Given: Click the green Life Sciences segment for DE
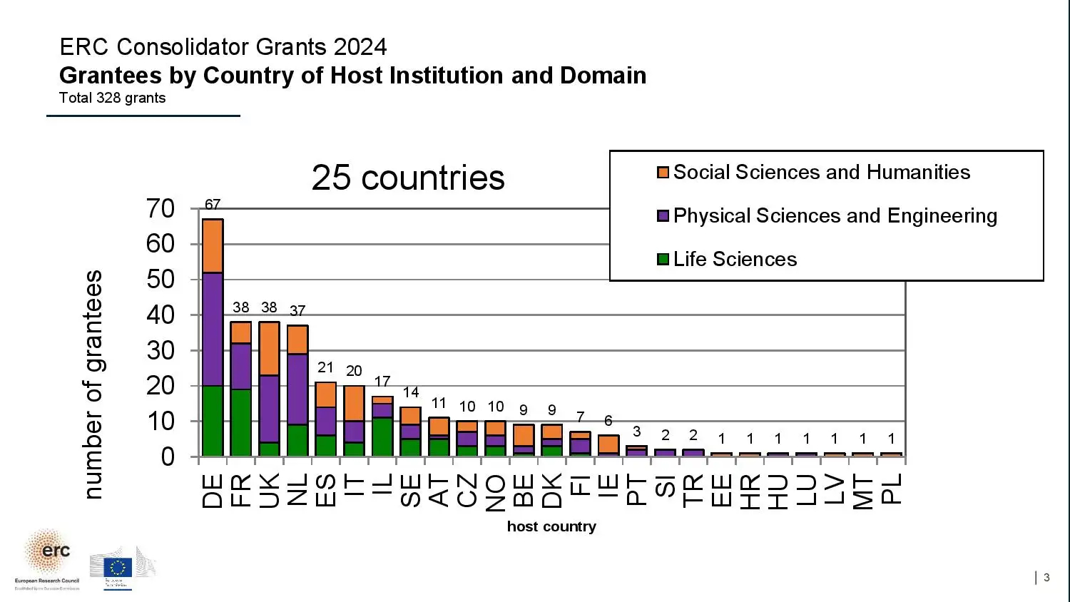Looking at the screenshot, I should coord(213,420).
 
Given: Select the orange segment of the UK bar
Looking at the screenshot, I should coord(269,348).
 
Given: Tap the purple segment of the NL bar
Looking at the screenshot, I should coord(297,389).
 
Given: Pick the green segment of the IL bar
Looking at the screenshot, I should coord(382,437).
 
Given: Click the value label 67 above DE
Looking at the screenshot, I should coord(213,205).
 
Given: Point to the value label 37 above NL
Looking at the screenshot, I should coord(297,311).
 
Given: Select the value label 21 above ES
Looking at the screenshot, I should coord(325,367).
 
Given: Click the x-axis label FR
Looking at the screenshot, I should coord(241,490).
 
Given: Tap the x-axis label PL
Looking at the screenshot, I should coord(892,489).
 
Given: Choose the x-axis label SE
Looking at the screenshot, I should coord(411,490).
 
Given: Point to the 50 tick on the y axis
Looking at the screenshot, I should coord(160,279).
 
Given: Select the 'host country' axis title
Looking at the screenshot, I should coord(551,526).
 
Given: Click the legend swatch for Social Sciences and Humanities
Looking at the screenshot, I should coord(663,173).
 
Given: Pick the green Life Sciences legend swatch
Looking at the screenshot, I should coord(663,259).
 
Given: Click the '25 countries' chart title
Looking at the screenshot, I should coord(408,178).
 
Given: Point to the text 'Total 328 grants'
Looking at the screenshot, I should coord(112,98).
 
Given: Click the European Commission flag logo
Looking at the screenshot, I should coord(118,567).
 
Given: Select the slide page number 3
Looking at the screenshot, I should coord(1046,578).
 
